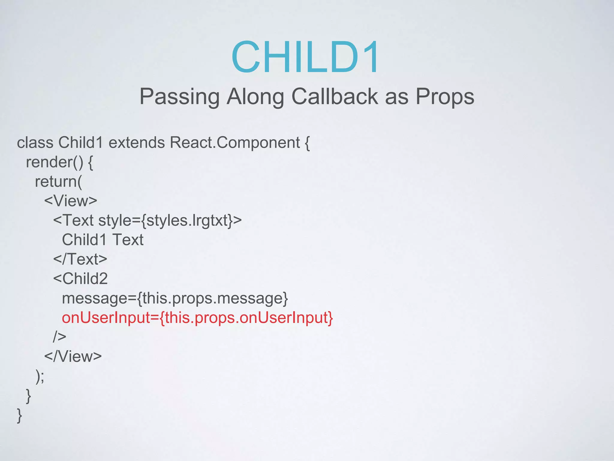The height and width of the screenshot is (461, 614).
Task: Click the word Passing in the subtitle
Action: [x=179, y=97]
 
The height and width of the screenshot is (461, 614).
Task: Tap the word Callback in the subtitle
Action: [x=335, y=97]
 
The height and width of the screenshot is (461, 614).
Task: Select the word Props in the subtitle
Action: [x=445, y=97]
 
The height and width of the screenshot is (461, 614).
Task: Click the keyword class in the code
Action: [x=35, y=143]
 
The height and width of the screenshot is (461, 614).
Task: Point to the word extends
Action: [x=136, y=143]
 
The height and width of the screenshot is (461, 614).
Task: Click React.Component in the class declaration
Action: [x=235, y=143]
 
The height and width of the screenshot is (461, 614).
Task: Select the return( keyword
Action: [x=58, y=182]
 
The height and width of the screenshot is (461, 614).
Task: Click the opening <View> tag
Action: [x=71, y=201]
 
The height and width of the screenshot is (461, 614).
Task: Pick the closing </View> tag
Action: [x=73, y=356]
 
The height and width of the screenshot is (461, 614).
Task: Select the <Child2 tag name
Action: [x=80, y=279]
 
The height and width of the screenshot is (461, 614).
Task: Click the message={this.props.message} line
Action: [x=175, y=298]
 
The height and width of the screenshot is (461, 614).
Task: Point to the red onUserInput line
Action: [x=197, y=318]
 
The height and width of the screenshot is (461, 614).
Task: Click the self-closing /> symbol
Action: [x=60, y=337]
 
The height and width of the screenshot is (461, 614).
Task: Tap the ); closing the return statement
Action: [x=40, y=376]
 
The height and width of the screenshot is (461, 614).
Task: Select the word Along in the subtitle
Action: [x=255, y=97]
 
